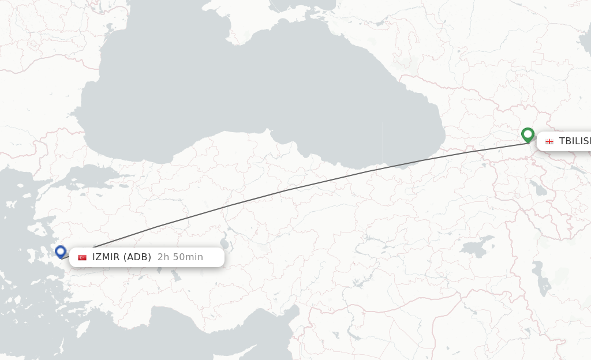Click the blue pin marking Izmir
[x=61, y=251]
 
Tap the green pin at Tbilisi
[x=528, y=134]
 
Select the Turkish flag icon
[x=82, y=257]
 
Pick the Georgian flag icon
[x=549, y=141]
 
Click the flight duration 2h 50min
[x=180, y=257]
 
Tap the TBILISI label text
[x=574, y=141]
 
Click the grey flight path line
[x=289, y=189]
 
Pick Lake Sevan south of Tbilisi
[x=537, y=188]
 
